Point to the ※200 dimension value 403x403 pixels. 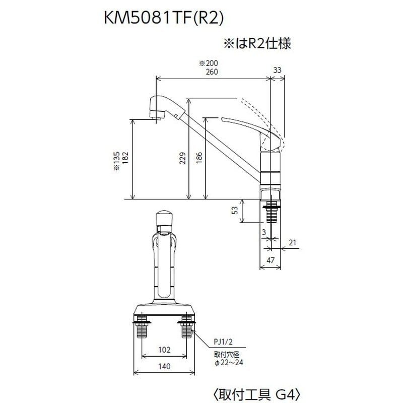click(206, 63)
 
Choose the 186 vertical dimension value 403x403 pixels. click(199, 159)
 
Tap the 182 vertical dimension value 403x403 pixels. click(124, 159)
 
